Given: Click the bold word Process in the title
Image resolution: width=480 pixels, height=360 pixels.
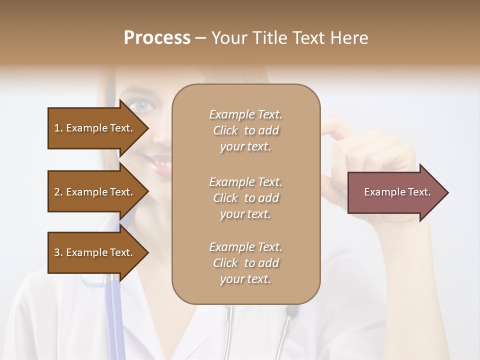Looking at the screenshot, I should pyautogui.click(x=157, y=38).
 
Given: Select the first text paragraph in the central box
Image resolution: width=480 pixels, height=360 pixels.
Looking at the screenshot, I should pyautogui.click(x=245, y=130).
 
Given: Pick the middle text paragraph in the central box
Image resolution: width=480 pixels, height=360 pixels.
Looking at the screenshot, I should pyautogui.click(x=245, y=198).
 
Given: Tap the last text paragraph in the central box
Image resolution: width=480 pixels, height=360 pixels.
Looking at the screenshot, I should pyautogui.click(x=245, y=263).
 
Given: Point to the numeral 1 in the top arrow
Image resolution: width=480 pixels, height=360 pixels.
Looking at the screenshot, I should pyautogui.click(x=56, y=128).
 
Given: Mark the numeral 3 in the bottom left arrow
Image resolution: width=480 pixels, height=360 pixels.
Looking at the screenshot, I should pyautogui.click(x=57, y=252).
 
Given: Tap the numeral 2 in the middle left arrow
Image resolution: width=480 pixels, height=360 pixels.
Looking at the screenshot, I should pyautogui.click(x=57, y=192).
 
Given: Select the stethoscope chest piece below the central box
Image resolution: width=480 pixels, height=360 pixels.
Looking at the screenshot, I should pyautogui.click(x=291, y=311).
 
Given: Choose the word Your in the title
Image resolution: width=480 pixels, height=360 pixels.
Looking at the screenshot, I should pyautogui.click(x=231, y=38).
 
